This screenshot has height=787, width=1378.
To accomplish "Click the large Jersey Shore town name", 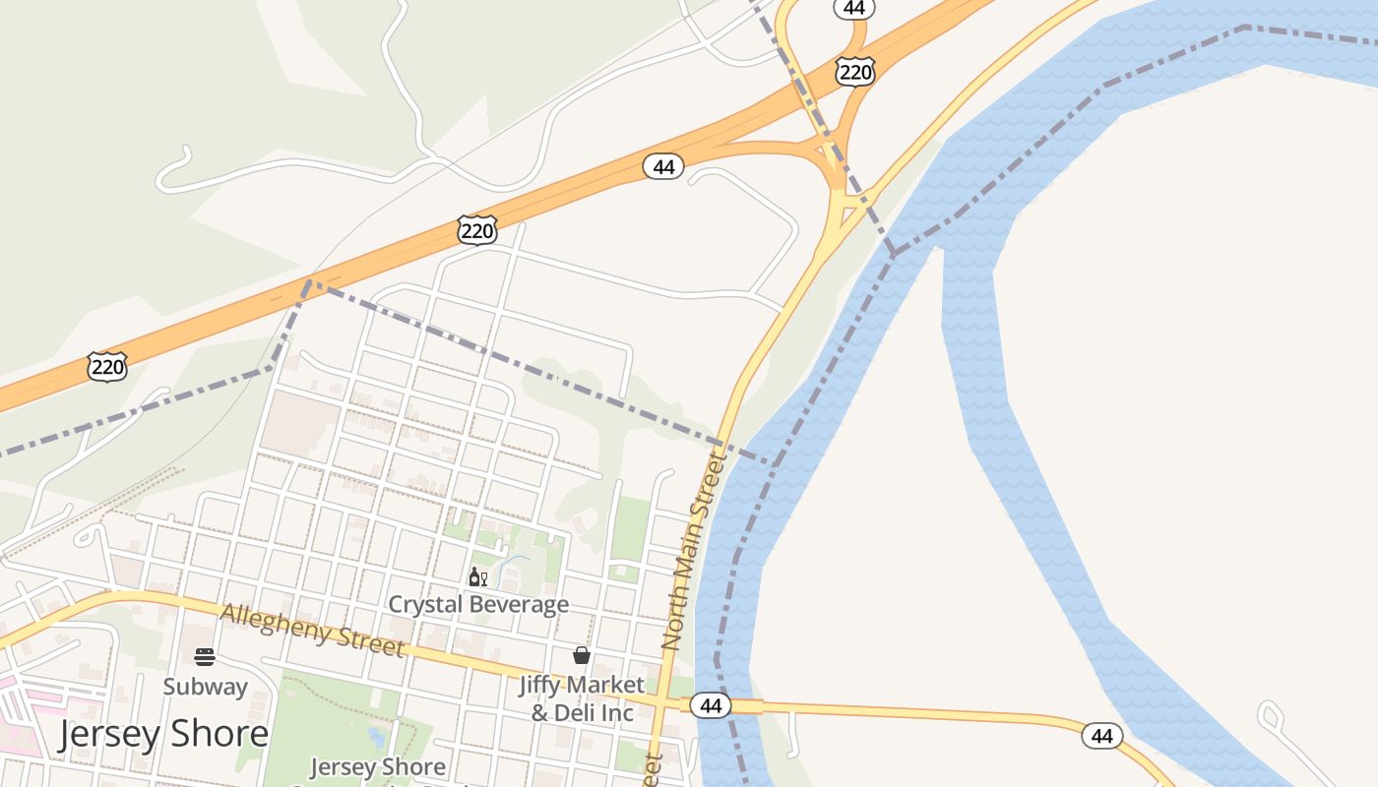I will click(162, 734).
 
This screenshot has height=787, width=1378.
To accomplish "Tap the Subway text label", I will click(205, 686).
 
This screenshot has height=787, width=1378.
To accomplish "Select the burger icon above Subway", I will click(205, 657).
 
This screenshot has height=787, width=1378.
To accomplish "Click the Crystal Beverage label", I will click(478, 604).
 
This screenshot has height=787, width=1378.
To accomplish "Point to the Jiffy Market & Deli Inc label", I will click(582, 697).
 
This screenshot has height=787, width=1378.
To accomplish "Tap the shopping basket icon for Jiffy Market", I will click(582, 655).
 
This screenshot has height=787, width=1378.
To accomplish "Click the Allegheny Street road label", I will click(312, 630).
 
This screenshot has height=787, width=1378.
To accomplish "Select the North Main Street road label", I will click(693, 550).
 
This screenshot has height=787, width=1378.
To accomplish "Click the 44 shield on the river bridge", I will click(710, 705).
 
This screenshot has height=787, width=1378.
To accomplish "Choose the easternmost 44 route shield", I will click(1101, 736).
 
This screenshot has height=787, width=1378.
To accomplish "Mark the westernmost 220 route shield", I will click(106, 367).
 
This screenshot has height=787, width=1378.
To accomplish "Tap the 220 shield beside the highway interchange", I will click(854, 71).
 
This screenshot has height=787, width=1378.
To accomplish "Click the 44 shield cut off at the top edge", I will click(853, 8).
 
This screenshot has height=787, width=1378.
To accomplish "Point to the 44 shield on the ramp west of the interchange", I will click(663, 167).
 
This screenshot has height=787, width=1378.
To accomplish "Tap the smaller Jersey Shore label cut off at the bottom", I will click(378, 767).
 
